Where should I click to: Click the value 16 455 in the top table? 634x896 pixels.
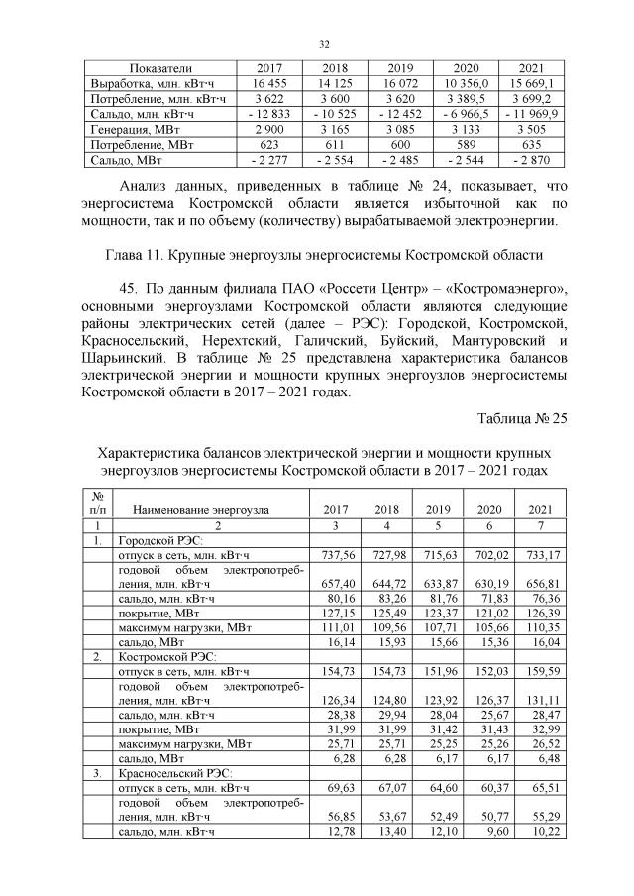tap(269, 83)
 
